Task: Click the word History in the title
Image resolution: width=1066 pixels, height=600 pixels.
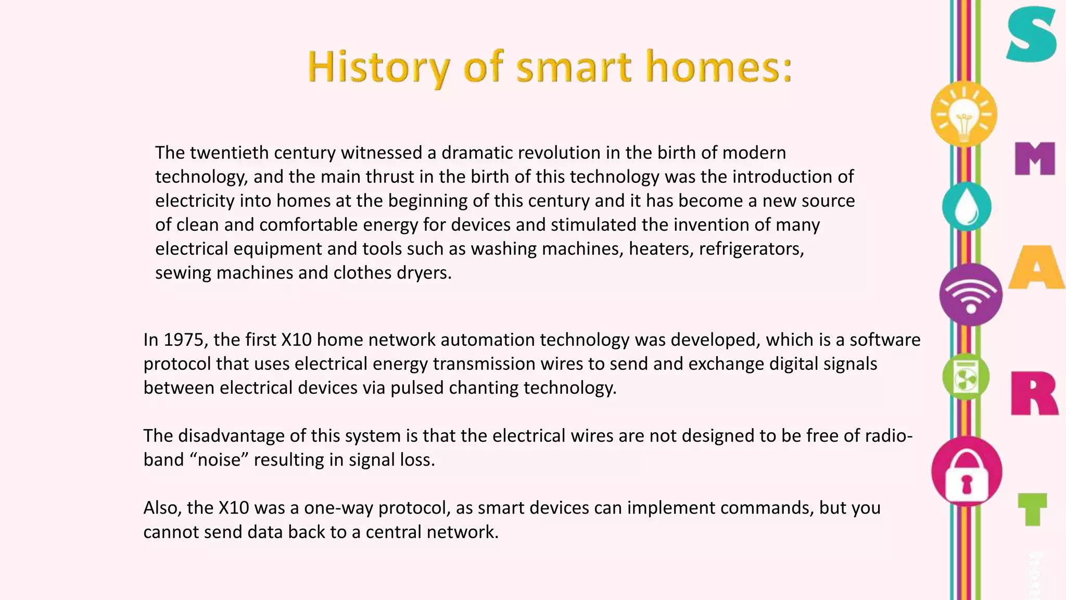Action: click(x=378, y=67)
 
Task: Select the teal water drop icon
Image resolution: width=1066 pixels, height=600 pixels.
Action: click(x=967, y=207)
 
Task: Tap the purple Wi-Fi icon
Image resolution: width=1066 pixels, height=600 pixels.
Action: click(x=971, y=295)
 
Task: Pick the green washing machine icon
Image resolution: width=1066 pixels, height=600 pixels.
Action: click(x=966, y=377)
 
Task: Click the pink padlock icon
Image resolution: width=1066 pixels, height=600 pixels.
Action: click(x=967, y=472)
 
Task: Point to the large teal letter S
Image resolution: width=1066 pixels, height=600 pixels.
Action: click(x=1031, y=35)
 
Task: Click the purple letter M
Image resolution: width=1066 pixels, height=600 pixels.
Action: click(x=1035, y=158)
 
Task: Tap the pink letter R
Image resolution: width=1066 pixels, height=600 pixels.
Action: click(x=1034, y=393)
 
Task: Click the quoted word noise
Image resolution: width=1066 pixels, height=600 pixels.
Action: click(x=220, y=460)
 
